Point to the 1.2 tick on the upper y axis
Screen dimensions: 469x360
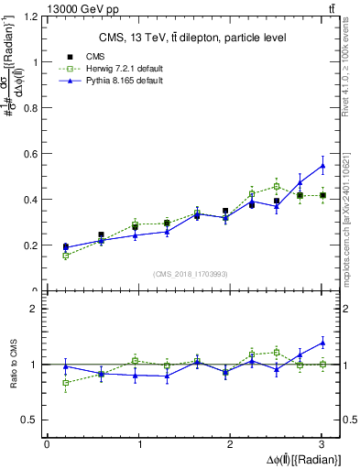pyautogui.click(x=32, y=17)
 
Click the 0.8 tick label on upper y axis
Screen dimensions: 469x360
pyautogui.click(x=32, y=108)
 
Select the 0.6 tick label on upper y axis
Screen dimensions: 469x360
pyautogui.click(x=32, y=154)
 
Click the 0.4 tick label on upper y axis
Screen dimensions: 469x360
pyautogui.click(x=32, y=200)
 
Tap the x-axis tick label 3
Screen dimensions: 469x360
pyautogui.click(x=322, y=444)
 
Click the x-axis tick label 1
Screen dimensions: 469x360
pyautogui.click(x=138, y=444)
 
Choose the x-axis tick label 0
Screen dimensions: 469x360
pyautogui.click(x=47, y=444)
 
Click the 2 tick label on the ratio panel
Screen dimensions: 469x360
pyautogui.click(x=37, y=309)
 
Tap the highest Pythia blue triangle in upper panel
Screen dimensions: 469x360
pyautogui.click(x=322, y=166)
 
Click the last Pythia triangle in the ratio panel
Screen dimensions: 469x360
pyautogui.click(x=322, y=343)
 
